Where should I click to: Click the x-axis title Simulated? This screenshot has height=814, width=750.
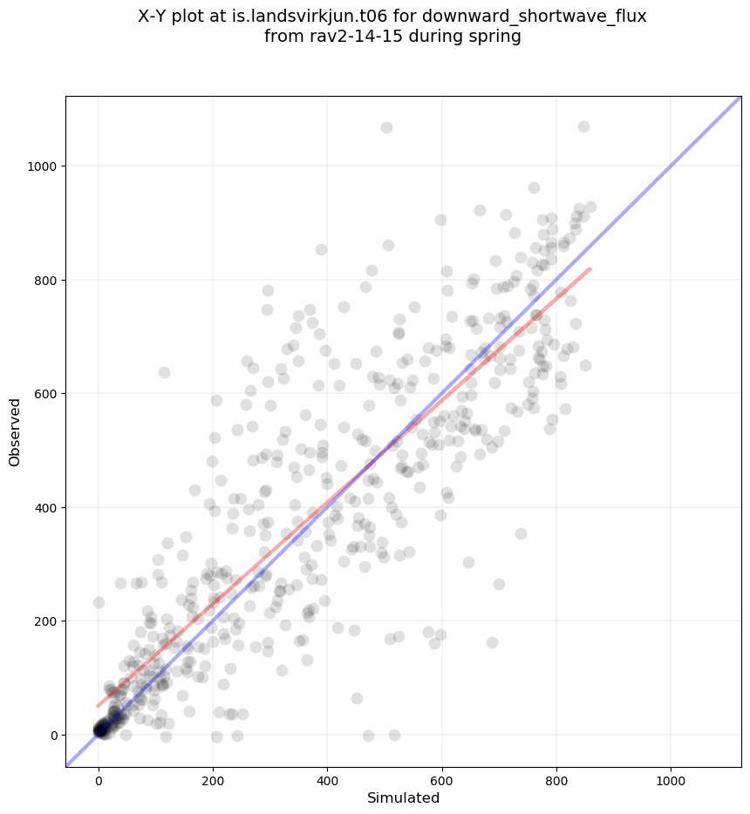403,797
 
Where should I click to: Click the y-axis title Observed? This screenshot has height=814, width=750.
15,431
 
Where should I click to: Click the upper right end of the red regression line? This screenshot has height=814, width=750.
590,269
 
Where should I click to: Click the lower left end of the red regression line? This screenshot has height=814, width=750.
98,706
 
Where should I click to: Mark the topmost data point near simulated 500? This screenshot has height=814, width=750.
386,128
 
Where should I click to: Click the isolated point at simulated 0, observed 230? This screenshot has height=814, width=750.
99,602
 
